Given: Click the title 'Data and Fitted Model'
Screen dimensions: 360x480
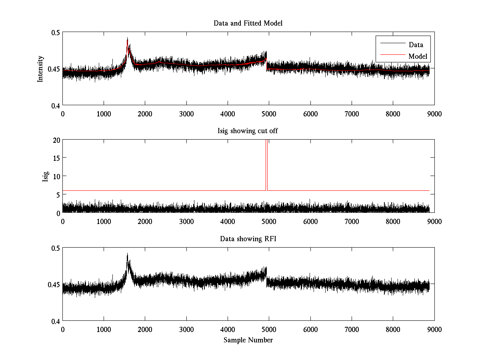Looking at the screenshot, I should pyautogui.click(x=248, y=23).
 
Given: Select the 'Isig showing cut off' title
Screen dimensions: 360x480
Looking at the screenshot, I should pyautogui.click(x=248, y=131).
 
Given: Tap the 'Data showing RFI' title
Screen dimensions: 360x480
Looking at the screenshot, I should pyautogui.click(x=248, y=239).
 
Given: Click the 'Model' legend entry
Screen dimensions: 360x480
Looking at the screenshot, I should pyautogui.click(x=418, y=56).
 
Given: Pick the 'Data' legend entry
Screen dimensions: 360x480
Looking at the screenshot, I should pyautogui.click(x=416, y=45).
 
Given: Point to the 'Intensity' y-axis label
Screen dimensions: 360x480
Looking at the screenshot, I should pyautogui.click(x=40, y=69).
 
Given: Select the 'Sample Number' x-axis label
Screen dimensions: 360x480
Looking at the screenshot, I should pyautogui.click(x=248, y=340).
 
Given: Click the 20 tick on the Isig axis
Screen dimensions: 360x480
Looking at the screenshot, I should pyautogui.click(x=55, y=140).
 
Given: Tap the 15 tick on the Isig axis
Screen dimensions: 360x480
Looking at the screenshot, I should pyautogui.click(x=55, y=158).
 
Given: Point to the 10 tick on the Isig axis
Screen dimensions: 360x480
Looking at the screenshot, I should pyautogui.click(x=55, y=176).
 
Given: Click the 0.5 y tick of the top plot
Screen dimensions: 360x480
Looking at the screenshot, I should pyautogui.click(x=54, y=32).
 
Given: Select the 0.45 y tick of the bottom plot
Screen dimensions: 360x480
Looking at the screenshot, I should pyautogui.click(x=52, y=285).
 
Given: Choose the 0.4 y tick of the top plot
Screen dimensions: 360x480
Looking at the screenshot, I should pyautogui.click(x=54, y=106).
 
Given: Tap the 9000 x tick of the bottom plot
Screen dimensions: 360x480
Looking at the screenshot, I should pyautogui.click(x=434, y=330).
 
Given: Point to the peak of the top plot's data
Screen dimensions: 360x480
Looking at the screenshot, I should pyautogui.click(x=127, y=38).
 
